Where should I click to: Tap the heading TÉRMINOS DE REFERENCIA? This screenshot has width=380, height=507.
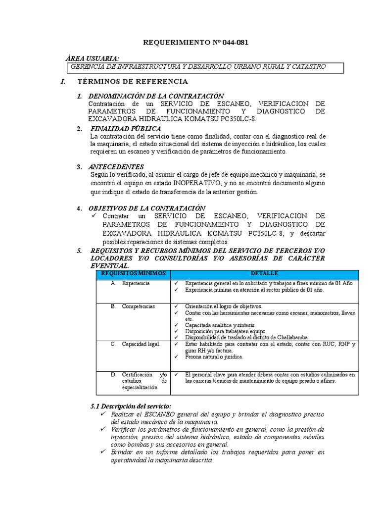pos(133,81)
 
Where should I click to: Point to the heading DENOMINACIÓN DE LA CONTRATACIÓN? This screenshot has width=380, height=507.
pos(156,96)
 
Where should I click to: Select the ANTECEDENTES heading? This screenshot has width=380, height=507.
pos(116,167)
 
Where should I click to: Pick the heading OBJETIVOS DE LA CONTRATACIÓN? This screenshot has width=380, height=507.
pos(147,208)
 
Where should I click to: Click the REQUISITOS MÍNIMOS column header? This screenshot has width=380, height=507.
pos(127,274)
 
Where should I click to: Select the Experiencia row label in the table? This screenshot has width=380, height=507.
pos(136,284)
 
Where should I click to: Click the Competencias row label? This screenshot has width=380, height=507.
pos(139,306)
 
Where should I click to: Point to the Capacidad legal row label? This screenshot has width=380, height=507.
pos(141,344)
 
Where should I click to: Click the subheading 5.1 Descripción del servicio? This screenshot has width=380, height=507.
pos(131,406)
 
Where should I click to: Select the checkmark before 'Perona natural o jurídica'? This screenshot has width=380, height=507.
pos(176,356)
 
